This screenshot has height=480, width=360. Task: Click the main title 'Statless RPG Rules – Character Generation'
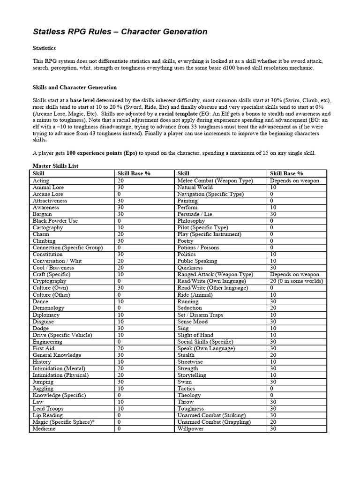pos(120,32)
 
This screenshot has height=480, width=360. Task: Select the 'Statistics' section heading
pos(44,48)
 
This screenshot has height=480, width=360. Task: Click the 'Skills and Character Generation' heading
pos(75,87)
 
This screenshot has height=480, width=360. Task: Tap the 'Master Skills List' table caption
pos(55,166)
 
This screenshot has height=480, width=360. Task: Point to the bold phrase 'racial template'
pos(179,114)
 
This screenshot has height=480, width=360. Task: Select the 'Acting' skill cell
pos(41,180)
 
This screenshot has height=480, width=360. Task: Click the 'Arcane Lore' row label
pos(48,194)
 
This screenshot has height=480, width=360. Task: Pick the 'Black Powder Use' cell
pos(55,221)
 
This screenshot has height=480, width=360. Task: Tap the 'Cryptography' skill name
pos(49,281)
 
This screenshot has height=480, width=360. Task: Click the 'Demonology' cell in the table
pos(48,308)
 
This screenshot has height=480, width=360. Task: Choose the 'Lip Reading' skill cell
pos(47,415)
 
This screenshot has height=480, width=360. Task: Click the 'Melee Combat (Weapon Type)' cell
pos(215,180)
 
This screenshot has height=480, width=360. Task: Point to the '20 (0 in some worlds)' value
pos(296,281)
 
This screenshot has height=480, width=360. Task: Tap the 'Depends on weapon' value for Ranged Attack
pos(294,274)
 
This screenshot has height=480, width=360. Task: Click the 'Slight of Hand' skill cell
pos(195,335)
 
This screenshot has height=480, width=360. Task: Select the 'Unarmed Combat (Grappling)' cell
pos(214,422)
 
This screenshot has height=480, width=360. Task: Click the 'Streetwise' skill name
pos(191,362)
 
